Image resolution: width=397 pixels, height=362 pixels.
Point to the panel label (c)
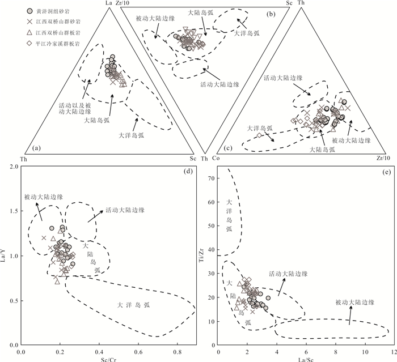(227, 148)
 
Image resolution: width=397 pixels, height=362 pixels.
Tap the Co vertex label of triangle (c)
(216, 158)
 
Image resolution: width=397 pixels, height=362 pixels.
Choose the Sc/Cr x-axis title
(108, 357)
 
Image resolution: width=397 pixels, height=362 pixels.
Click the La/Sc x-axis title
(307, 357)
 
